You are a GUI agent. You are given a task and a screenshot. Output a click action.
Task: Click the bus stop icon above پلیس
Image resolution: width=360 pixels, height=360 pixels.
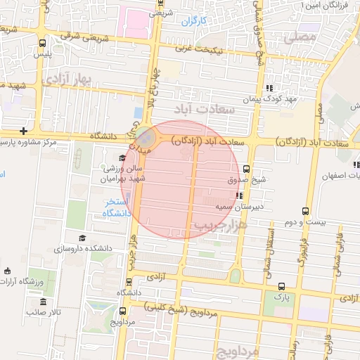pyautogui.click(x=43, y=42)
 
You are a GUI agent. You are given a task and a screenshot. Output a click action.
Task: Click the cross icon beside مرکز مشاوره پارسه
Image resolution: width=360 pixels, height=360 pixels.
pyautogui.click(x=25, y=131)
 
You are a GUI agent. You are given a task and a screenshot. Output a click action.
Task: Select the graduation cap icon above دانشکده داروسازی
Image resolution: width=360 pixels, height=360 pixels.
pyautogui.click(x=82, y=238)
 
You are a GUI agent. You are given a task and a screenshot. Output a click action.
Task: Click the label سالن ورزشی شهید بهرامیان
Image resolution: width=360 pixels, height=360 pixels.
pyautogui.click(x=124, y=174)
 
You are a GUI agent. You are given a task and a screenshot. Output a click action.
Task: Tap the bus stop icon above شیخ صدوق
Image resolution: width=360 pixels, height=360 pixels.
pyautogui.click(x=246, y=168)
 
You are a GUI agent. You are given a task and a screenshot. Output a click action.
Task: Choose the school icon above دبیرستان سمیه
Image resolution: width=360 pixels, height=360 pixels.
pyautogui.click(x=239, y=195)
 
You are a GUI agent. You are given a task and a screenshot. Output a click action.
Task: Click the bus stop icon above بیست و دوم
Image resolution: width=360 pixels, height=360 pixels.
pyautogui.click(x=305, y=210)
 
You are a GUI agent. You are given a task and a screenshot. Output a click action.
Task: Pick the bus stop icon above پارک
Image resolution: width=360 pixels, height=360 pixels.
pyautogui.click(x=282, y=285)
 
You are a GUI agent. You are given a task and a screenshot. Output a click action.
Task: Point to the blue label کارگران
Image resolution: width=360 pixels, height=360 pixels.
pyautogui.click(x=195, y=21)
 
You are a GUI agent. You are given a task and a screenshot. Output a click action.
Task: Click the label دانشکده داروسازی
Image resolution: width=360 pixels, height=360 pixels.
pyautogui.click(x=83, y=250)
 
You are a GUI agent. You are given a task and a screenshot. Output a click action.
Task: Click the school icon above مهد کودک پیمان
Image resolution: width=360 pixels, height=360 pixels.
pyautogui.click(x=269, y=88)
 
